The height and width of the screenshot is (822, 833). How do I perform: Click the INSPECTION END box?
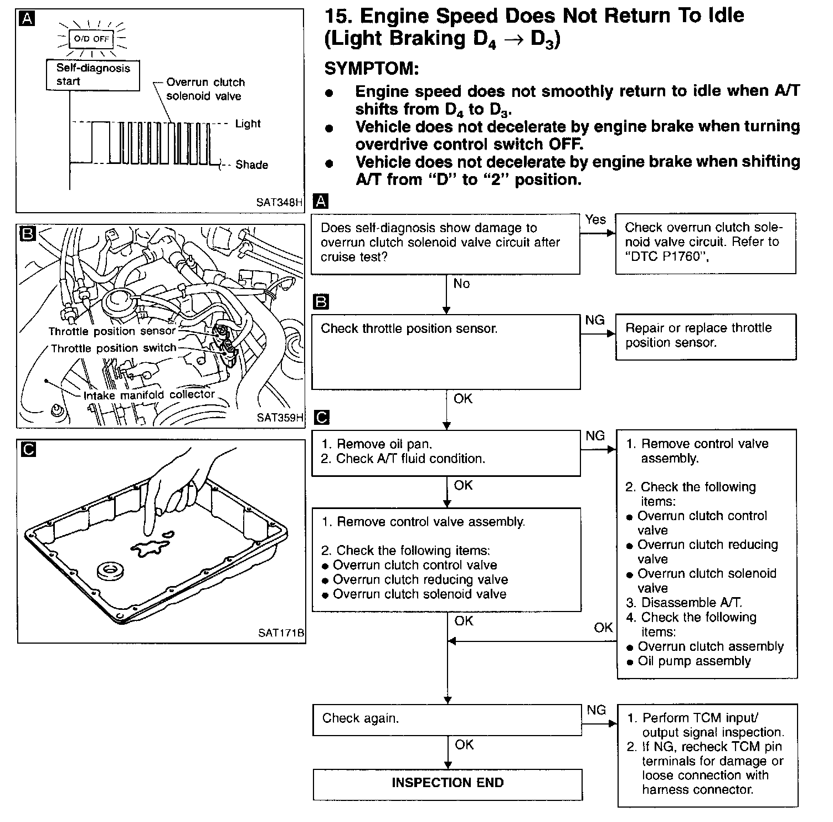[448, 783]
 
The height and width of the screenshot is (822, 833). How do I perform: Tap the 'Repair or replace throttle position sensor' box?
[706, 336]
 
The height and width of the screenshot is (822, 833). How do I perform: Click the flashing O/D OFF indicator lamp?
[92, 39]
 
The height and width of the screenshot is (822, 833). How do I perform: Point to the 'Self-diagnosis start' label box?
[93, 75]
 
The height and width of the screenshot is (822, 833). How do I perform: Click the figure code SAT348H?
[280, 203]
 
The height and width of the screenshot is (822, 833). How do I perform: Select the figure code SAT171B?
[281, 633]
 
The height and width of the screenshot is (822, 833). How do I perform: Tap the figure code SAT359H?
[280, 418]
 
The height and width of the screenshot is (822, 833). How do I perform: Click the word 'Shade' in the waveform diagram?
[251, 165]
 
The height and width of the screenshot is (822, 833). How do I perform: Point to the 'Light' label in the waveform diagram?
[248, 124]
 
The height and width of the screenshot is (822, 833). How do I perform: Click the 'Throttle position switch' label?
[114, 348]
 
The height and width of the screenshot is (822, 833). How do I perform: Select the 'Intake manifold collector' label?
[149, 395]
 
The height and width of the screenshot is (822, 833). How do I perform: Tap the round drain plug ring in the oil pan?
[110, 571]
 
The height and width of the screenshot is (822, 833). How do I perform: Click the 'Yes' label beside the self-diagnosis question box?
[595, 219]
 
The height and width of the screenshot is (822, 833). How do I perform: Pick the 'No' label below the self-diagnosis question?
[461, 284]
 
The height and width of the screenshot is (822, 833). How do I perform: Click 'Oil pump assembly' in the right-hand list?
[694, 661]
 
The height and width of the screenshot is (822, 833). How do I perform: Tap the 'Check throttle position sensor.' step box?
[446, 351]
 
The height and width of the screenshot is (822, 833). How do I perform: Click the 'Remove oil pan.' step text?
[384, 444]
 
